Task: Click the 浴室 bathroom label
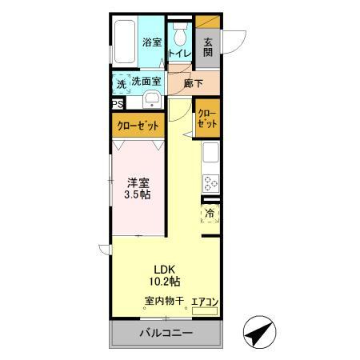pyautogui.click(x=150, y=42)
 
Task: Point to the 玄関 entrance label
pyautogui.click(x=207, y=47)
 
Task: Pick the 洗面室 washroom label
pyautogui.click(x=146, y=81)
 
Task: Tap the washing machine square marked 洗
pyautogui.click(x=120, y=82)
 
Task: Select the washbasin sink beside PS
pyautogui.click(x=153, y=101)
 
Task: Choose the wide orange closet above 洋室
pyautogui.click(x=138, y=126)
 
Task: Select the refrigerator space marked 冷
pyautogui.click(x=210, y=214)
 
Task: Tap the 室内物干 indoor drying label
pyautogui.click(x=165, y=302)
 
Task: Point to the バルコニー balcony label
pyautogui.click(x=169, y=333)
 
